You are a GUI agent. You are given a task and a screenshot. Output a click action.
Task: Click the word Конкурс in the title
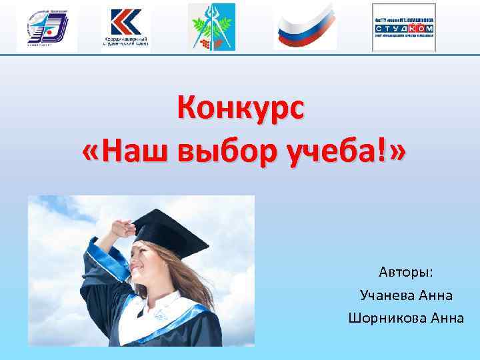240,109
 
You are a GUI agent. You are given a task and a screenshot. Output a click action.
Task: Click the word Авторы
406,273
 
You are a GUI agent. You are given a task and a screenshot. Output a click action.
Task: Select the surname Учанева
387,295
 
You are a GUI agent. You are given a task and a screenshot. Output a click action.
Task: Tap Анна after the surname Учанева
437,295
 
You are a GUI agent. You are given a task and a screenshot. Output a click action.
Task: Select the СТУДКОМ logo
404,27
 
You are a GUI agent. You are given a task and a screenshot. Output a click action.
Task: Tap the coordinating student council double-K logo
127,27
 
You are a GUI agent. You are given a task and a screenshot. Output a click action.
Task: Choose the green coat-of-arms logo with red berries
211,27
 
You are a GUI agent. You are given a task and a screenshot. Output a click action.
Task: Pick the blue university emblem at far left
47,27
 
